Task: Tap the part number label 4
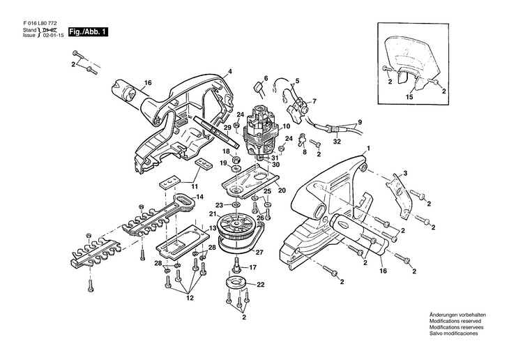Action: tap(231, 72)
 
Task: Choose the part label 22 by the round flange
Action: tap(261, 285)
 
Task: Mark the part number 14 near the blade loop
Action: tap(199, 197)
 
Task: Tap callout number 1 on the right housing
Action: tap(369, 148)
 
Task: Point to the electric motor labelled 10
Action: tap(262, 129)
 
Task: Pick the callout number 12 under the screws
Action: tap(189, 299)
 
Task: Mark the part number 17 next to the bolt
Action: tap(253, 267)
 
